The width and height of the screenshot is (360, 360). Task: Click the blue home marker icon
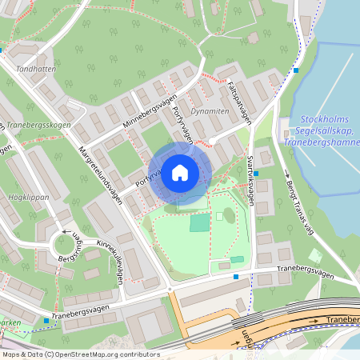(x=180, y=172)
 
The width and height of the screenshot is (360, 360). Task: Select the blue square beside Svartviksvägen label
(x=256, y=173)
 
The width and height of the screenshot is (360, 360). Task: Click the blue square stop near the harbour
(x=296, y=70)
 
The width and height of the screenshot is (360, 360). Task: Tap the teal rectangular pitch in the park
(x=198, y=223)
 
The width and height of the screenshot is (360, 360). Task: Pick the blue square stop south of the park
(x=236, y=277)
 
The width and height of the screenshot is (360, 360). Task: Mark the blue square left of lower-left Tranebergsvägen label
(x=46, y=321)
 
